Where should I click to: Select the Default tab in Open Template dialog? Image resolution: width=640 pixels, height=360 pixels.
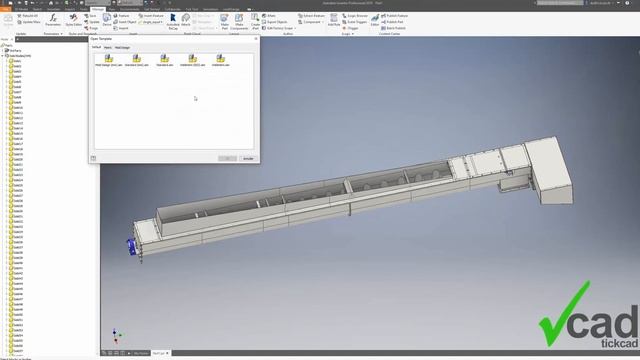tap(97, 47)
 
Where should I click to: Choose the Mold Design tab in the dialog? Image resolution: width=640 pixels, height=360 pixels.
tap(122, 47)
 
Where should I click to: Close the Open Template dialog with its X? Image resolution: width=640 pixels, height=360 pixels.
tap(253, 39)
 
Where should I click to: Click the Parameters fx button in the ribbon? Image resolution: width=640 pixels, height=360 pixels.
tap(52, 20)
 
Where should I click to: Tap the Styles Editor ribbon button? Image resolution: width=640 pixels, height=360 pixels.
tap(74, 20)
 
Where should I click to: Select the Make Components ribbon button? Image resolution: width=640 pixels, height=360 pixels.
tap(239, 21)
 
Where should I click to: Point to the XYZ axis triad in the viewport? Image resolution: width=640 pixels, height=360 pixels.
tap(116, 336)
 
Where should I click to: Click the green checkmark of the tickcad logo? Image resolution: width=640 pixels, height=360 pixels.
tap(565, 318)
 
